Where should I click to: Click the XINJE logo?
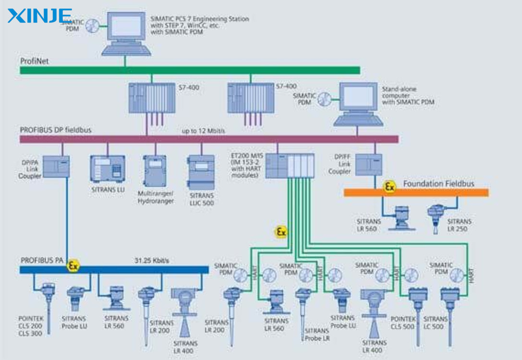pos(39,15)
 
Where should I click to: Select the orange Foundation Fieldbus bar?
pos(416,193)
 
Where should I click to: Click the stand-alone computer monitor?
pos(358,99)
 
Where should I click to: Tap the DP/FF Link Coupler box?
pos(369,165)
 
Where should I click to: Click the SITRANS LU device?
pos(108,168)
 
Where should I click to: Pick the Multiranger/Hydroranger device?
pos(155,171)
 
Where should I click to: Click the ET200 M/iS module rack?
pos(290,165)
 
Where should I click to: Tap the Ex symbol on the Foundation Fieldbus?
pos(389,187)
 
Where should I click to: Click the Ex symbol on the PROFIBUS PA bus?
pos(73,265)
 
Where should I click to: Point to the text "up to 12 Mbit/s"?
pos(204,131)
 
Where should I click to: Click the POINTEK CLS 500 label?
pos(402,323)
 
